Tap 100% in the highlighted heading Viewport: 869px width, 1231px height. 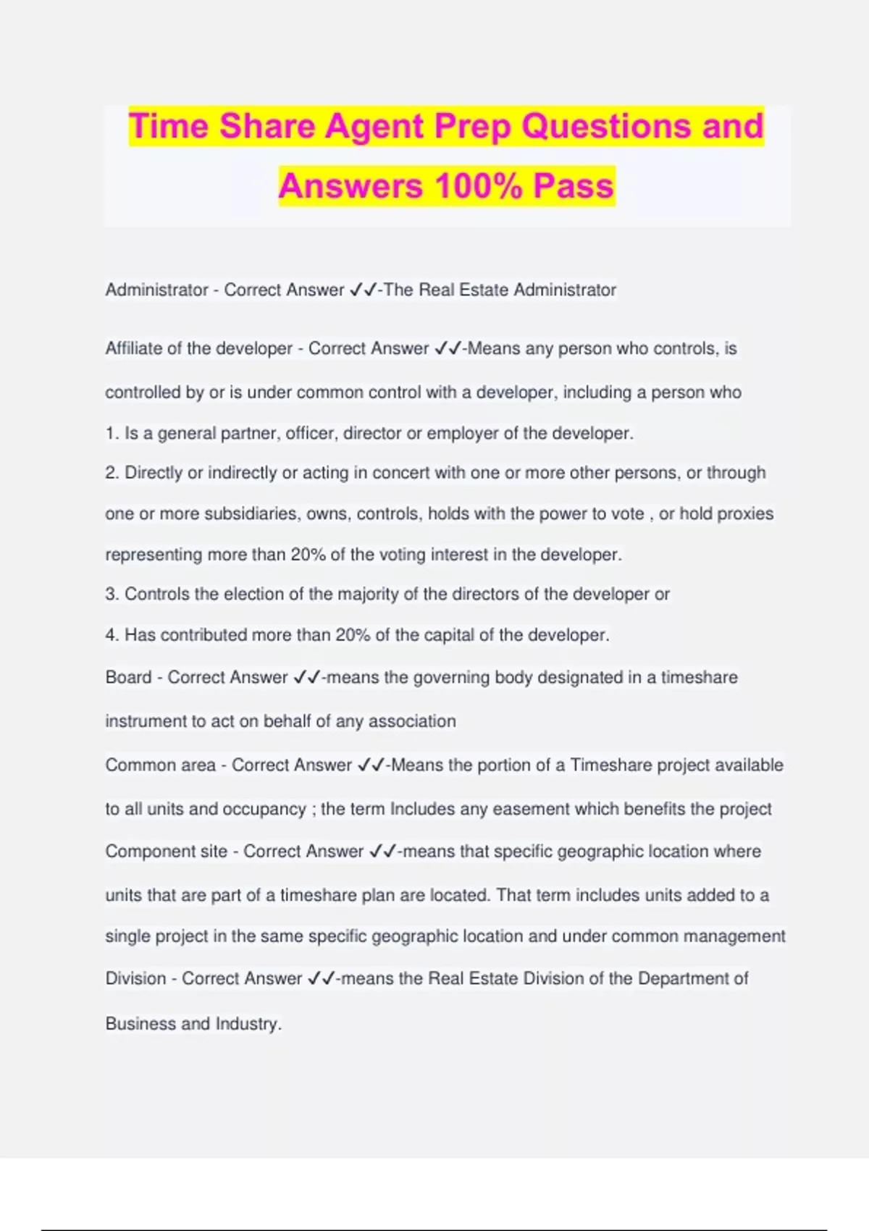click(479, 185)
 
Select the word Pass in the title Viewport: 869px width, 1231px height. click(574, 185)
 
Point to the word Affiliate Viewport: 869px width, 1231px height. click(134, 348)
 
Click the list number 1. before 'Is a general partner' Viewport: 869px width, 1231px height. click(112, 434)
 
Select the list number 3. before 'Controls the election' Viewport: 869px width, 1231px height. click(112, 595)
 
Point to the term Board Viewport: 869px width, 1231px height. click(128, 678)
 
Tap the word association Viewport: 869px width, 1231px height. click(412, 721)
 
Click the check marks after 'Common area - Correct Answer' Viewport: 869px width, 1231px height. click(371, 765)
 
